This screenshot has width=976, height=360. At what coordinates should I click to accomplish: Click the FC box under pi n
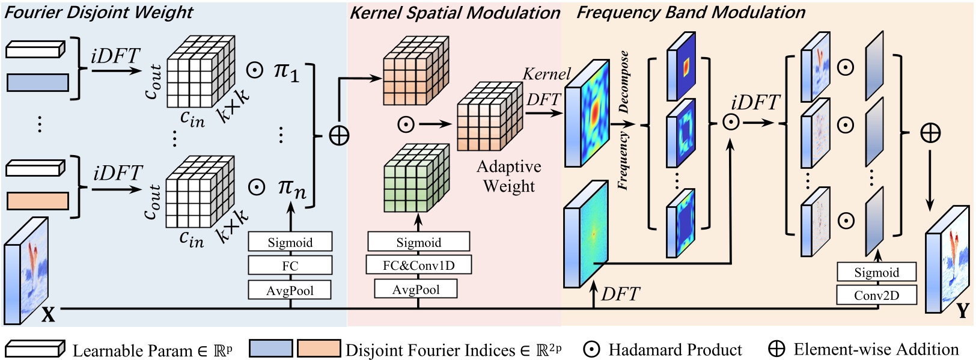(290, 266)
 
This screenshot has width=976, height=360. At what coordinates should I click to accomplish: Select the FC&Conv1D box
(418, 265)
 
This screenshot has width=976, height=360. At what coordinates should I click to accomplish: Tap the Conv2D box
(876, 295)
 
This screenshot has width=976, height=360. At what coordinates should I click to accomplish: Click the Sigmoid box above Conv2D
(876, 272)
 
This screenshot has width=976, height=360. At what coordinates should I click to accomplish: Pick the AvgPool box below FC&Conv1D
(415, 289)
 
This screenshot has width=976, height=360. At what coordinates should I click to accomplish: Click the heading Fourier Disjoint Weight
(99, 12)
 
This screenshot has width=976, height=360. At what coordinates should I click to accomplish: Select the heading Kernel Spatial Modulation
(454, 13)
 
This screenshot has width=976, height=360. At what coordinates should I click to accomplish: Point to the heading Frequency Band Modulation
(691, 12)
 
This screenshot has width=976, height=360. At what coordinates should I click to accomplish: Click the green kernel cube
(415, 178)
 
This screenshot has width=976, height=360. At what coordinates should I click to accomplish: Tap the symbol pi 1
(285, 71)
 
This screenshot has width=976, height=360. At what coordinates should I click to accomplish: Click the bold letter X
(48, 314)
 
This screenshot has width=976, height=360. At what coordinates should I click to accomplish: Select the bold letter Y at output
(962, 310)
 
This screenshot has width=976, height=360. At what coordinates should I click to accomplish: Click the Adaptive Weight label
(508, 176)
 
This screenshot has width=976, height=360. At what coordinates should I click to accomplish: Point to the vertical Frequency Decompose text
(623, 120)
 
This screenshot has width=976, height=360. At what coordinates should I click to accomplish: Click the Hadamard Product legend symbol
(591, 350)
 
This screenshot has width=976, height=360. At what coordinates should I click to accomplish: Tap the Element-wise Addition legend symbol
(776, 349)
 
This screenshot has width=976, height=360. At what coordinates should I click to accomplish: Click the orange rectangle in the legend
(319, 349)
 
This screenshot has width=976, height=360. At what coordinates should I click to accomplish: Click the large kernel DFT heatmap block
(587, 113)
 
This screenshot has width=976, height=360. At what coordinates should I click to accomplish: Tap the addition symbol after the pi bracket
(339, 136)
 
